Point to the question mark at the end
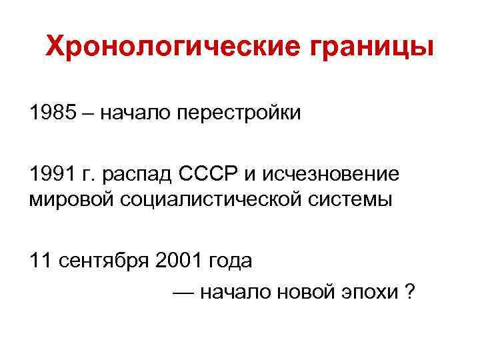click(x=410, y=291)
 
